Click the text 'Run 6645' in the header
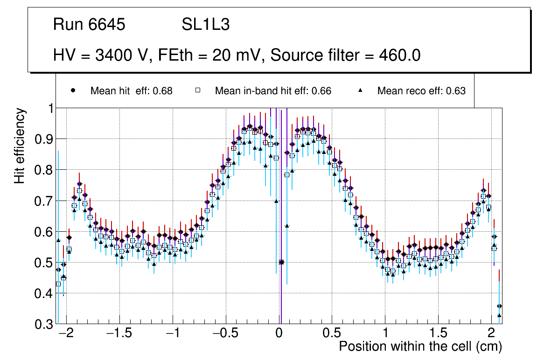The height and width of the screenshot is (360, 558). pyautogui.click(x=89, y=25)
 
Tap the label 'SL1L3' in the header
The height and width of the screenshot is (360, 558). pyautogui.click(x=205, y=25)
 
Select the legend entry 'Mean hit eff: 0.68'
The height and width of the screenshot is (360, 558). pyautogui.click(x=131, y=91)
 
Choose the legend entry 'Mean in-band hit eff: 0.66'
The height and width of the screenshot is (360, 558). pyautogui.click(x=273, y=91)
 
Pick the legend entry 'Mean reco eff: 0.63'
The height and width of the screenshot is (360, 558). pyautogui.click(x=421, y=91)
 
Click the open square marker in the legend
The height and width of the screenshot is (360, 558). pyautogui.click(x=197, y=90)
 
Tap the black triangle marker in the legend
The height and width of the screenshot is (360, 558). pyautogui.click(x=360, y=90)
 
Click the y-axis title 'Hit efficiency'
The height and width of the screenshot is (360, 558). pyautogui.click(x=20, y=145)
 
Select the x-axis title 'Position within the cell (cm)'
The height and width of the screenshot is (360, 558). pyautogui.click(x=420, y=346)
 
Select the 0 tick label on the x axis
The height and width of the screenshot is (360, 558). pyautogui.click(x=279, y=334)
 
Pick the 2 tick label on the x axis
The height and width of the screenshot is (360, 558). pyautogui.click(x=491, y=334)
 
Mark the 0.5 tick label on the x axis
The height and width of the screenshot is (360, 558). pyautogui.click(x=332, y=334)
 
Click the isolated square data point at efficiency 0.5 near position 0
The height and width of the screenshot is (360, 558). pyautogui.click(x=281, y=262)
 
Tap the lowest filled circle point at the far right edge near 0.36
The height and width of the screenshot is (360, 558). pyautogui.click(x=499, y=306)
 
